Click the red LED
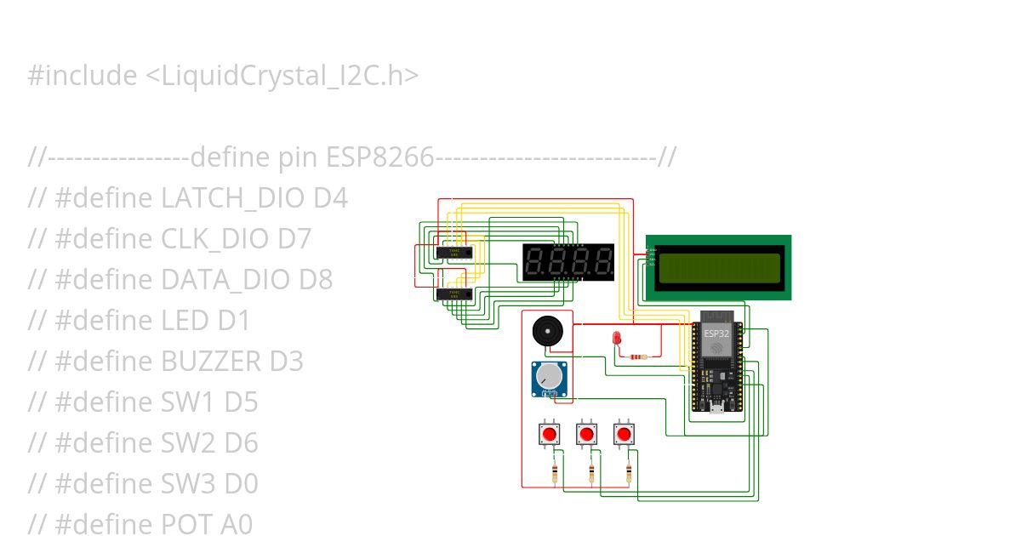618,339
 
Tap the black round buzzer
547,331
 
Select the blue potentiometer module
550,379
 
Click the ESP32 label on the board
716,334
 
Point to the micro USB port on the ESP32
716,408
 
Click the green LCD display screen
719,267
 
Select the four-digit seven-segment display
568,261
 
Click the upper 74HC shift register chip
453,253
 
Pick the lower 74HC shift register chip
453,294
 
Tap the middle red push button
585,435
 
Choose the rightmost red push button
625,435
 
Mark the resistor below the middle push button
592,472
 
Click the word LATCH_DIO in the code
232,198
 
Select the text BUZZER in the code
211,362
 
